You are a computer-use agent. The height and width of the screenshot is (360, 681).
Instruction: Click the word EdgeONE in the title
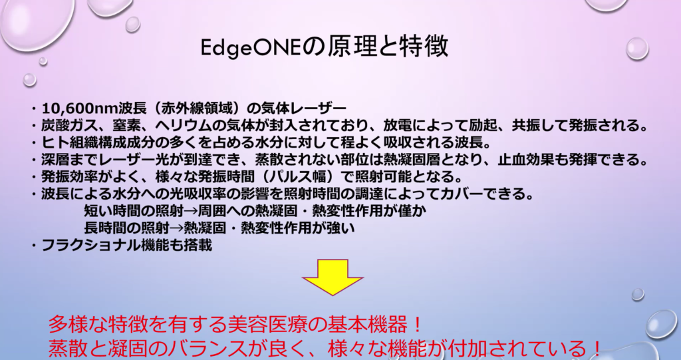[x=251, y=48]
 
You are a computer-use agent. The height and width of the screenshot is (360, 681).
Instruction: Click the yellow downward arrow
[x=333, y=277]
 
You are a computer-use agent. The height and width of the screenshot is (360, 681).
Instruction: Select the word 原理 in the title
[x=351, y=47]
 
